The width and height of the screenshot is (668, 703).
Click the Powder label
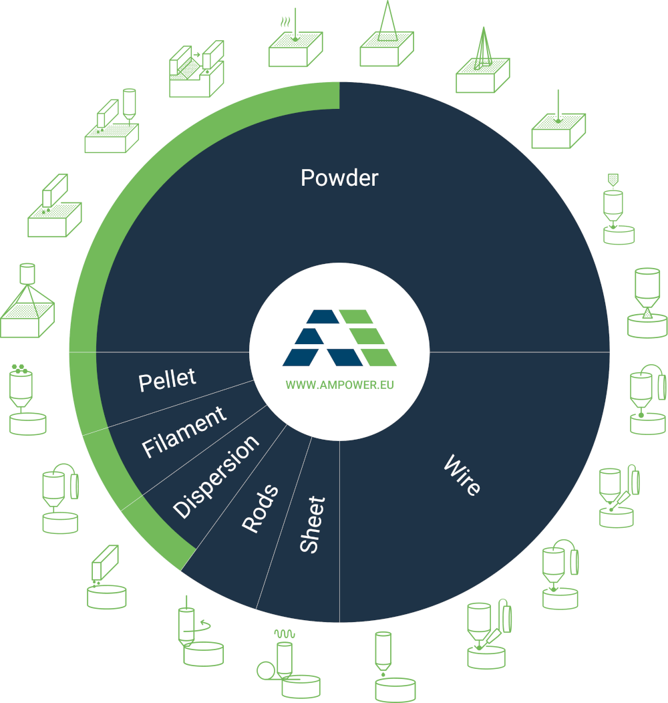point(339,178)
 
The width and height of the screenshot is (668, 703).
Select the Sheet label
point(313,525)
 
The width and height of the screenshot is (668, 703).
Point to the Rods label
point(260,509)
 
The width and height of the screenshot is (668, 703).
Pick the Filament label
point(184,432)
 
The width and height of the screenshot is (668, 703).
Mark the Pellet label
point(167,380)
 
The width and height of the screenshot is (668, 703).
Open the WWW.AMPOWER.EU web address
point(339,386)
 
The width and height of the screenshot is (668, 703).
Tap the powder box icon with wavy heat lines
point(295,44)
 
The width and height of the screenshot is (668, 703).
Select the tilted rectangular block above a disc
point(106,577)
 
